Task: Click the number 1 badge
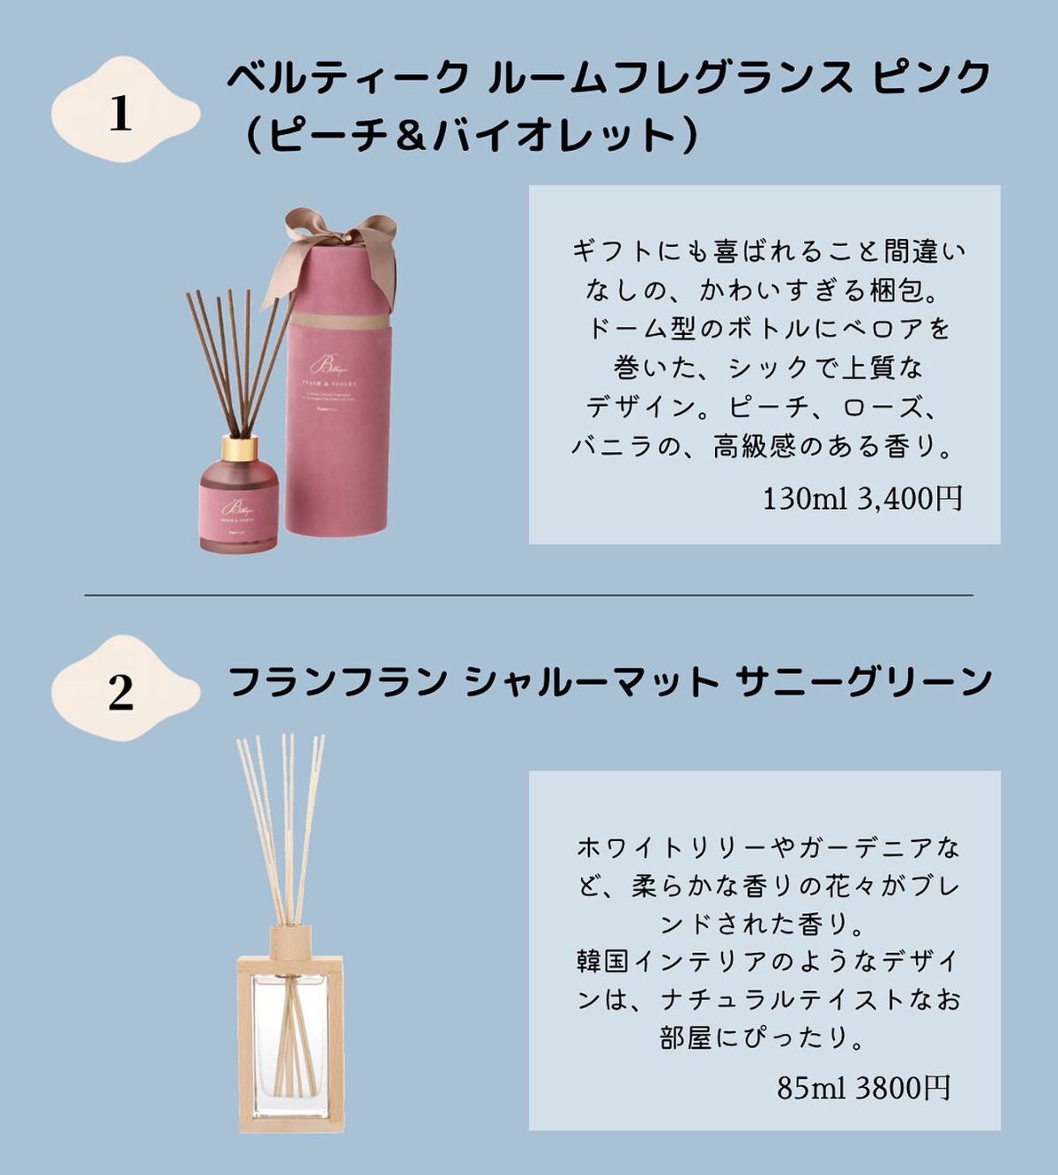click(121, 113)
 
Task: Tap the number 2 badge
click(121, 692)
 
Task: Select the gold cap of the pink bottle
click(239, 449)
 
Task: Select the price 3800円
click(902, 1088)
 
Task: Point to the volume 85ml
click(810, 1088)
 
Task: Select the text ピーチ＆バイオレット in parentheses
click(471, 137)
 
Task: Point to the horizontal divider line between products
click(529, 595)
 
